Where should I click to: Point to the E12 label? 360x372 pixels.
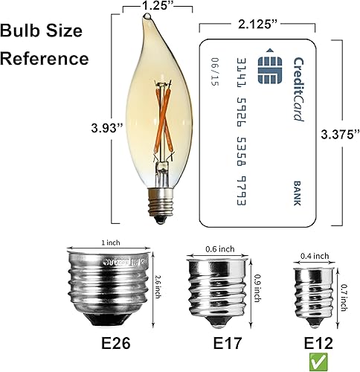click(319, 344)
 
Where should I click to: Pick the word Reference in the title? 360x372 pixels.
click(45, 58)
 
